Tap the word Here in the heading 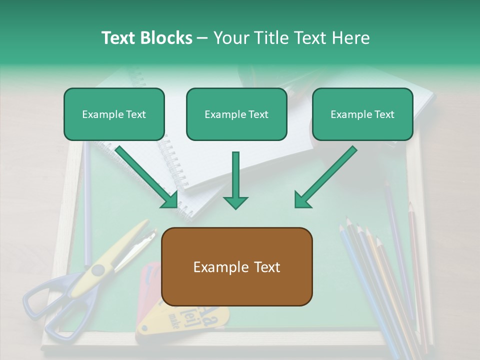(x=352, y=38)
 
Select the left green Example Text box (x=114, y=114)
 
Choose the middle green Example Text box (x=236, y=114)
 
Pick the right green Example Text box (x=362, y=114)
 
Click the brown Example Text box (x=237, y=267)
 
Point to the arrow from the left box (x=148, y=177)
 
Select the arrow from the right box (x=325, y=177)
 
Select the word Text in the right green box (x=384, y=114)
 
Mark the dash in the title (x=202, y=38)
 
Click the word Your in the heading (x=231, y=38)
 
